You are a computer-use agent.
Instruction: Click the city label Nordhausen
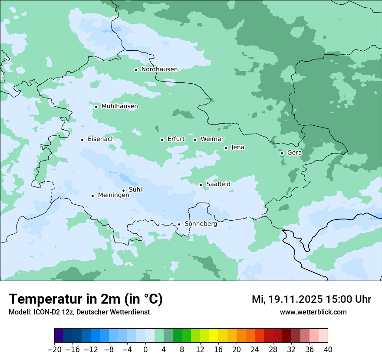(x=159, y=69)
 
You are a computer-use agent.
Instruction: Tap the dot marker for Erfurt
(x=162, y=140)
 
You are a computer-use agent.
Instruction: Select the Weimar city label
(x=212, y=139)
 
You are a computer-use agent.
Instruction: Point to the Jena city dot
(x=226, y=148)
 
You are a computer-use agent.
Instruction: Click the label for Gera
(x=294, y=153)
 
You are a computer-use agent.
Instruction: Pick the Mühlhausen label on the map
(x=119, y=106)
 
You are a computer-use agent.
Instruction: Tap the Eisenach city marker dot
(x=82, y=140)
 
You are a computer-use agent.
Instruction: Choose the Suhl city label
(x=135, y=190)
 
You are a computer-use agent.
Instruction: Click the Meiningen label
(x=113, y=196)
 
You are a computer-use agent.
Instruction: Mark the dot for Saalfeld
(x=201, y=185)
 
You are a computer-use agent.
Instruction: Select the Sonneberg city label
(x=201, y=224)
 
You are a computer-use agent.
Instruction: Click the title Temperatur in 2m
(x=86, y=299)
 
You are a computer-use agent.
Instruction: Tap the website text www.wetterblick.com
(x=313, y=312)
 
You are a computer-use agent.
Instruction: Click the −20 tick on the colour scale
(x=55, y=349)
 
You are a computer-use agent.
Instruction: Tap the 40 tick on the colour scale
(x=328, y=349)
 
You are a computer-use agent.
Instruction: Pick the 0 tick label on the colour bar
(x=145, y=349)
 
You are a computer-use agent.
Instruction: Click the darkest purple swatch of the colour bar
(x=59, y=336)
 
